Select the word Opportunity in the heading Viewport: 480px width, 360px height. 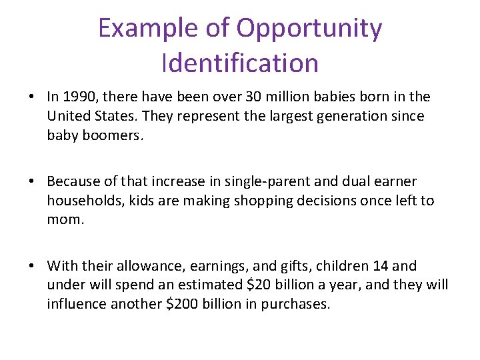[309, 29]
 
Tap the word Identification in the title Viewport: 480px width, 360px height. [240, 63]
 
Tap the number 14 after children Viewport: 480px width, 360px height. [380, 266]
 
